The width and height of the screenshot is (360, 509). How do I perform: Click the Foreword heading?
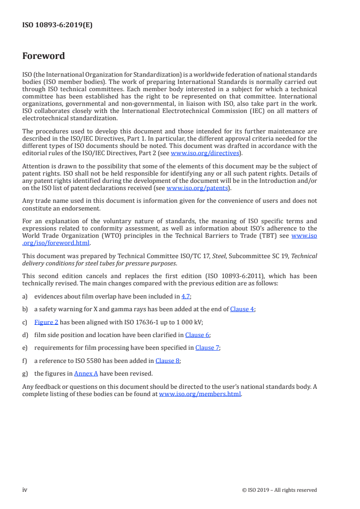click(44, 56)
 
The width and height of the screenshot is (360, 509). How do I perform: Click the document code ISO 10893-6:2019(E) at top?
click(57, 25)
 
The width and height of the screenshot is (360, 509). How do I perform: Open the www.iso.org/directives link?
click(205, 153)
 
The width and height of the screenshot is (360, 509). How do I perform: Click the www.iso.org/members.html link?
click(200, 394)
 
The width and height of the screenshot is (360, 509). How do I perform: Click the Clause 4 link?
click(242, 309)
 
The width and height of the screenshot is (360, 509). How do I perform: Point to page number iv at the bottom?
click(25, 490)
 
